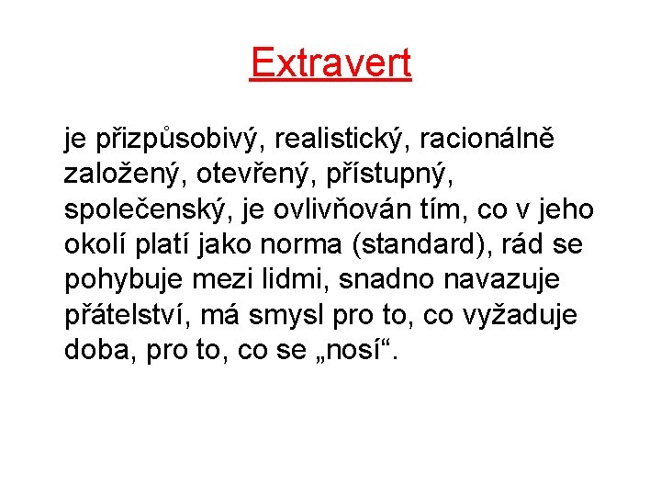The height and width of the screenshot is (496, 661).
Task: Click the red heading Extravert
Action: pos(330,62)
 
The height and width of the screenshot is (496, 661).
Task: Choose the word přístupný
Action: pos(385,175)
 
